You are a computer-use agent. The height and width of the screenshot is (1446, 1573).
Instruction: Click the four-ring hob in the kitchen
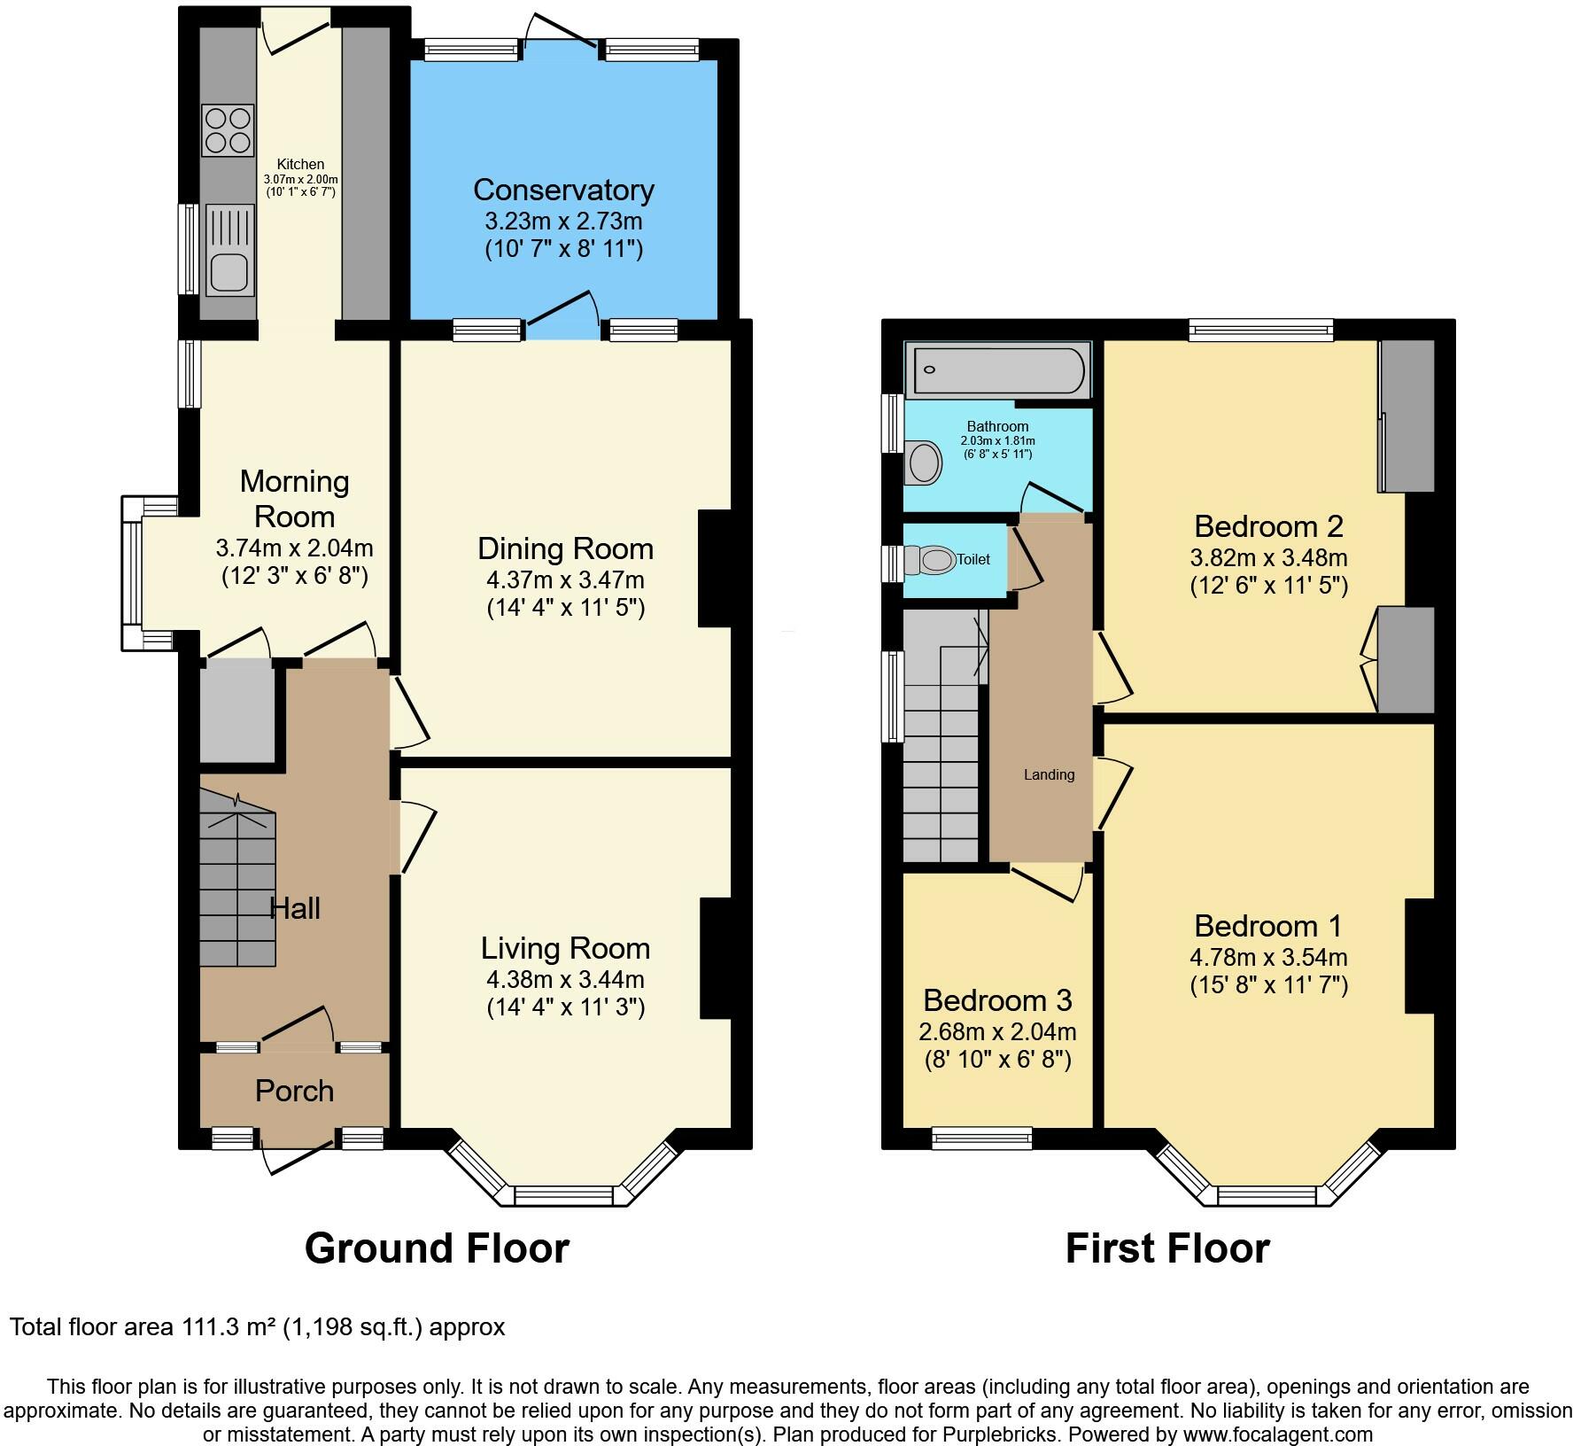tap(229, 130)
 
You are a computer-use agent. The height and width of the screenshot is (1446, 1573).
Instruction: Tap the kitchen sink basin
tap(229, 270)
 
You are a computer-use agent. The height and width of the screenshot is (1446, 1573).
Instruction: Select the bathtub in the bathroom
tap(998, 370)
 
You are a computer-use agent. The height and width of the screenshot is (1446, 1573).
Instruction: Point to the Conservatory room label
tap(563, 190)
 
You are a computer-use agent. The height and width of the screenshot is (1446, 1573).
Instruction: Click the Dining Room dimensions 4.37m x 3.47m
tap(565, 580)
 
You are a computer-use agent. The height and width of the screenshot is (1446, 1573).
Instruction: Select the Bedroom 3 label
tap(997, 999)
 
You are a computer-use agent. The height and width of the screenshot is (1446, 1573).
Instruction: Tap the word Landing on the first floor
tap(1049, 774)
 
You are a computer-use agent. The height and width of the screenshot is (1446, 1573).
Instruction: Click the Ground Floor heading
tap(437, 1248)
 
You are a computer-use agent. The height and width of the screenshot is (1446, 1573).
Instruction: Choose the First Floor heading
tap(1166, 1248)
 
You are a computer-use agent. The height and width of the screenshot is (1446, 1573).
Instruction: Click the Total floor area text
tap(257, 1326)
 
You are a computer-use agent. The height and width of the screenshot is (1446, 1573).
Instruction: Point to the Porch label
tap(294, 1091)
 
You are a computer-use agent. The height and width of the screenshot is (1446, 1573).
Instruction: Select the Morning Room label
tap(294, 499)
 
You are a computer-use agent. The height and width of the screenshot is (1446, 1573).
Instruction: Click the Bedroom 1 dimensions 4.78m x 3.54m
tap(1268, 957)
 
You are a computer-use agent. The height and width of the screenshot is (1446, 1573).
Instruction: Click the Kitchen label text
tap(300, 164)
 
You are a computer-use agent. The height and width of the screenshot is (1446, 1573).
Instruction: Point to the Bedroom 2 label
tap(1268, 526)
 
